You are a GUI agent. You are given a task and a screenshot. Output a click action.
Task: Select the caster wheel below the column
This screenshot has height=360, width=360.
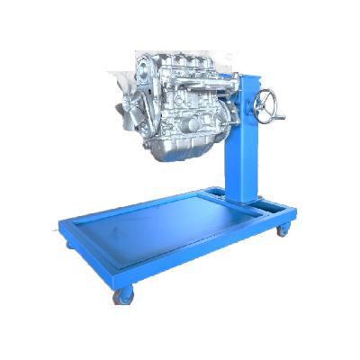[283, 231]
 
